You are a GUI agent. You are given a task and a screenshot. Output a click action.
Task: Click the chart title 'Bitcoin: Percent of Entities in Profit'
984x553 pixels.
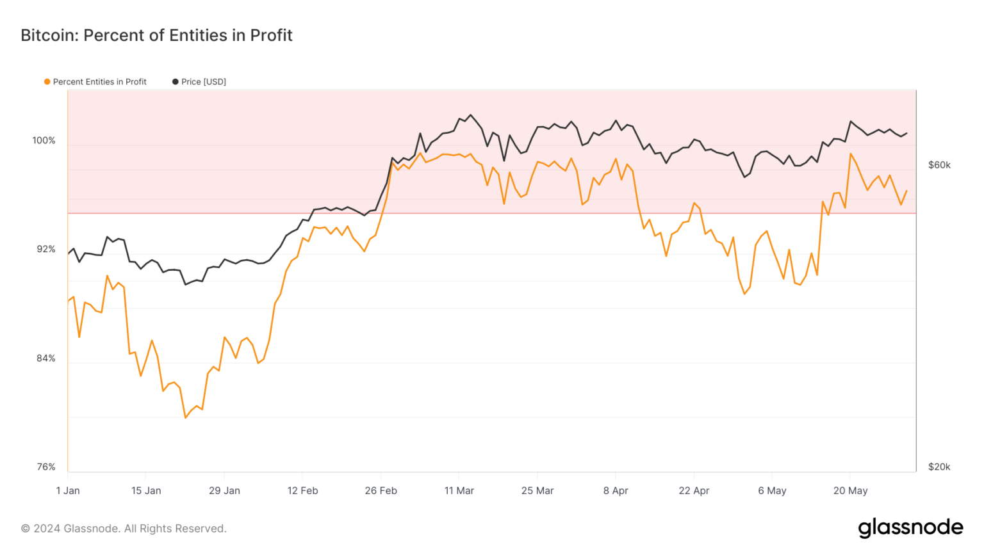tap(156, 36)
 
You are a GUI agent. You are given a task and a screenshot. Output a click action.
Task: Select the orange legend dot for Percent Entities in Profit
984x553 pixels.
tap(47, 82)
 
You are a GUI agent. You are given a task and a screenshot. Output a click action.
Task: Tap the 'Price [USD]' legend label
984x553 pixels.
tap(203, 82)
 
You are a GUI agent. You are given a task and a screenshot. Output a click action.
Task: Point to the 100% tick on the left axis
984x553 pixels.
tap(44, 140)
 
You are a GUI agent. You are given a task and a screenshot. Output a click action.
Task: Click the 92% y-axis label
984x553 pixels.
tap(46, 249)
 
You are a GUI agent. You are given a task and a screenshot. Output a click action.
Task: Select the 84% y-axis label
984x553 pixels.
tap(46, 358)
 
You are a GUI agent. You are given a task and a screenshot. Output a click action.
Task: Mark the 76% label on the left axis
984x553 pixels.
tap(46, 467)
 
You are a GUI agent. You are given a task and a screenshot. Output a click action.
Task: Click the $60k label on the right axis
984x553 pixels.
tap(939, 165)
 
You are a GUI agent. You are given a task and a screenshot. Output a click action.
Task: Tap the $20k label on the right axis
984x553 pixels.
tap(939, 467)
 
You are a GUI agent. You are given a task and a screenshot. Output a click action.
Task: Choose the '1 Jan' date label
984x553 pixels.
tap(68, 491)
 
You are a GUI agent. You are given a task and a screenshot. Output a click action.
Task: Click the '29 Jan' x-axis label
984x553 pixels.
tap(224, 491)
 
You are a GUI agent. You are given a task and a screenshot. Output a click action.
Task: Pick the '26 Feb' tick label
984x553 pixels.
tap(381, 491)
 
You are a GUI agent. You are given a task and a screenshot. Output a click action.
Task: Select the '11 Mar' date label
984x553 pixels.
tap(459, 491)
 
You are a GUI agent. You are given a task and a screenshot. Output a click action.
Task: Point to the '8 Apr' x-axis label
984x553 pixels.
tap(616, 491)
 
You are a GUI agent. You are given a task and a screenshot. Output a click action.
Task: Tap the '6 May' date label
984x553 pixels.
tap(772, 491)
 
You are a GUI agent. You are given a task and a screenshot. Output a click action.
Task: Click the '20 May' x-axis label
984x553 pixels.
tap(851, 491)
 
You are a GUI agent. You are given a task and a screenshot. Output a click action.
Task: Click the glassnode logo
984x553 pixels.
tap(910, 527)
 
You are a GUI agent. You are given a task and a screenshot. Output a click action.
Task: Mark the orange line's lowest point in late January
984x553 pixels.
tap(185, 418)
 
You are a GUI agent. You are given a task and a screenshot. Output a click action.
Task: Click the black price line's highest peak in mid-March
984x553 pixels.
tap(470, 115)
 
